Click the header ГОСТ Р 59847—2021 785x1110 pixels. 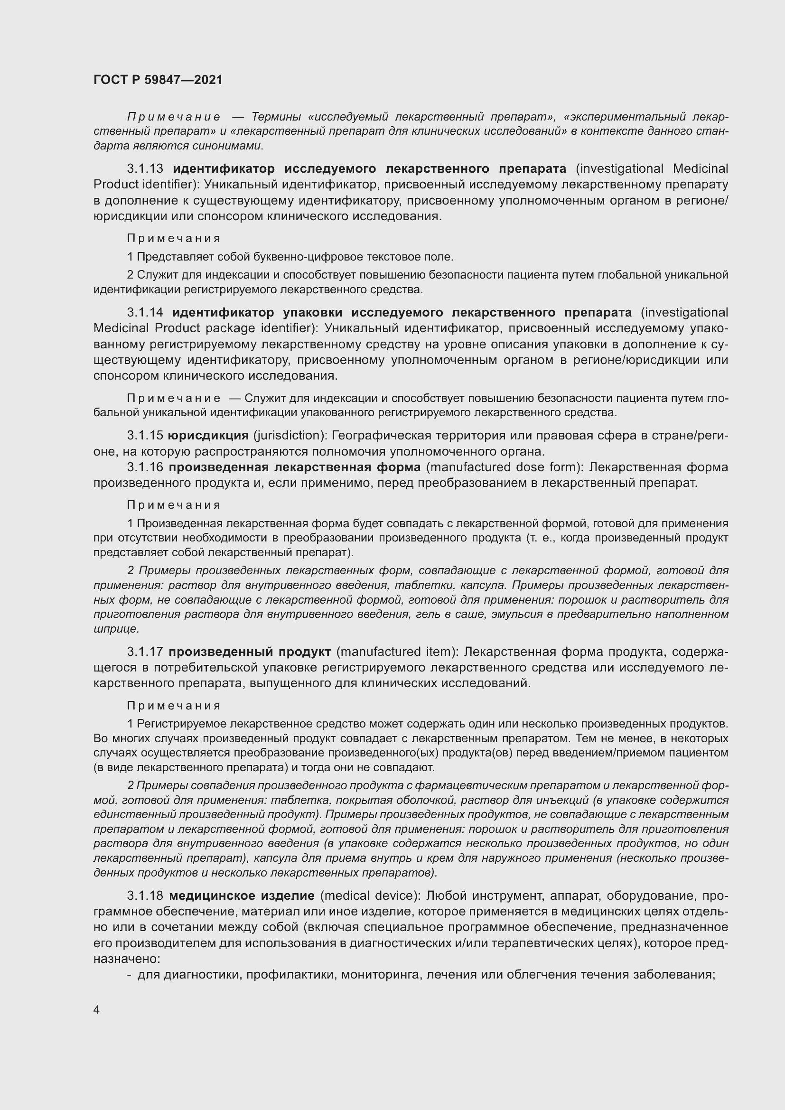158,80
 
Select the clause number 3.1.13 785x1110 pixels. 145,169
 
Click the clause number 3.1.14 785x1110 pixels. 145,312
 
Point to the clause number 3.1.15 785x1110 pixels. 145,436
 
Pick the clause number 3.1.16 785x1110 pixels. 145,467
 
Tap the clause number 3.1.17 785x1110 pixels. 145,652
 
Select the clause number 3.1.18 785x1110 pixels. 145,896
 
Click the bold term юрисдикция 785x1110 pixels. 208,436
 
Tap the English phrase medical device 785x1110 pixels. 370,896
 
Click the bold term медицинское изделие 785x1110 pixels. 242,896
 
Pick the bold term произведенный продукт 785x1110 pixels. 250,652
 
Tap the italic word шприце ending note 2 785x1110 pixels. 115,629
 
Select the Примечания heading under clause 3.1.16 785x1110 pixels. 174,505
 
